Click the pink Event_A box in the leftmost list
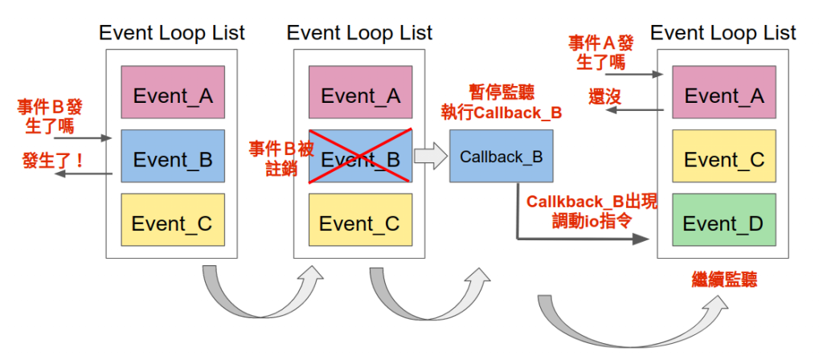[x=173, y=96]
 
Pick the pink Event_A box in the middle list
[x=360, y=96]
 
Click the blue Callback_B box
[x=501, y=155]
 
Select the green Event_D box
[x=723, y=223]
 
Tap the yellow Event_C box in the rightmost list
[x=723, y=159]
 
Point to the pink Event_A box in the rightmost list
[x=723, y=96]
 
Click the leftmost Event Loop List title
[x=172, y=33]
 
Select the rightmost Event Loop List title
[x=723, y=33]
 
